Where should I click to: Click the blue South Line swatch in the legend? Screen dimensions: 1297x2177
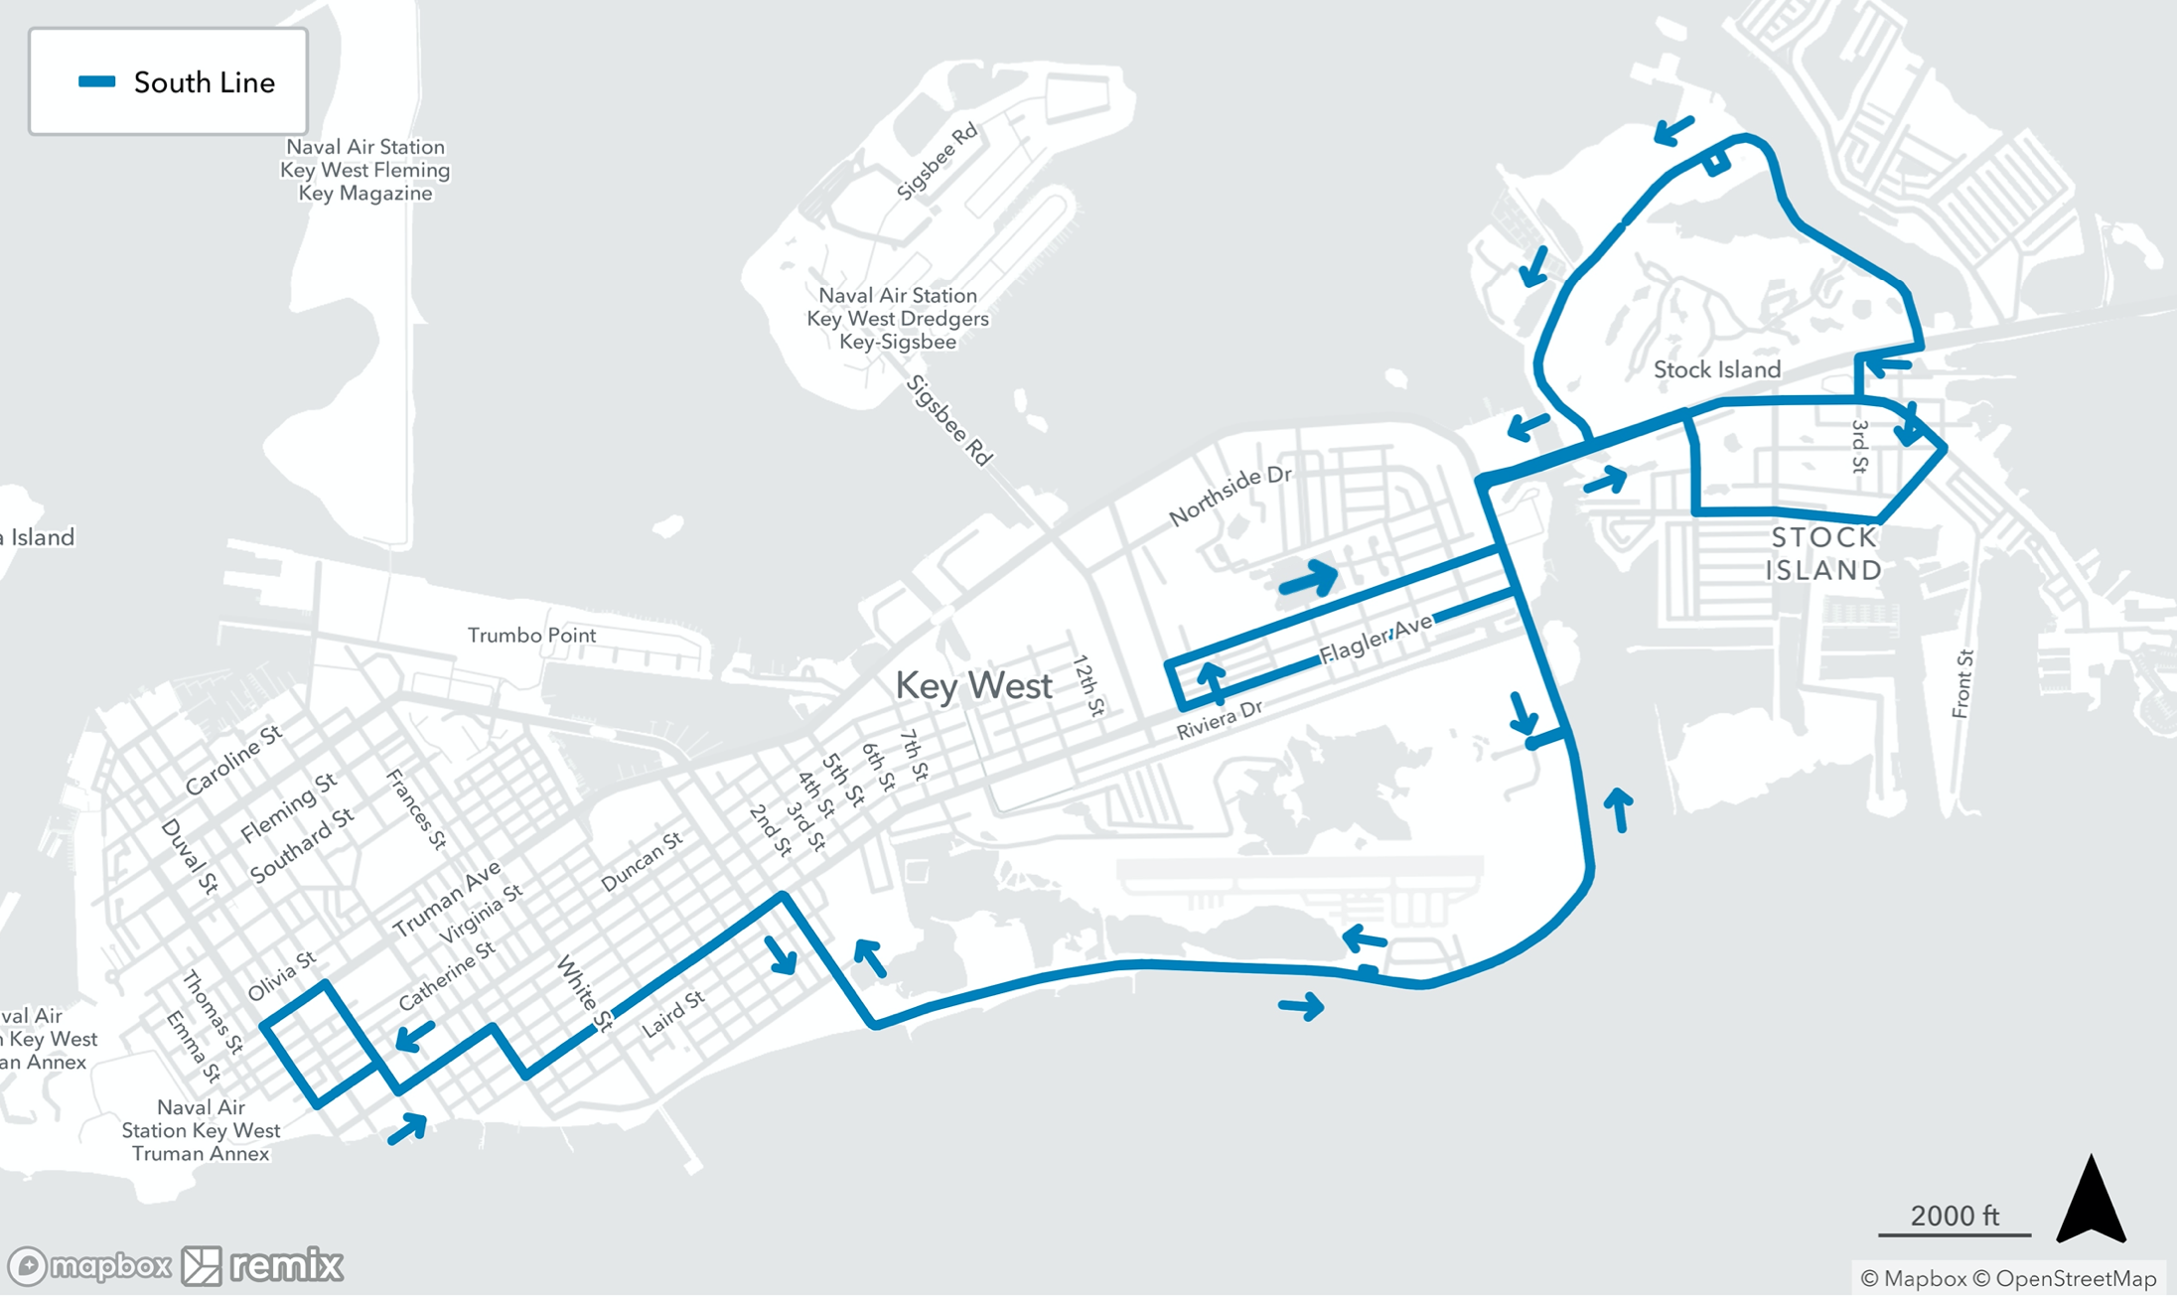click(x=97, y=82)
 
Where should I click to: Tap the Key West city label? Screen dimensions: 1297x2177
click(x=973, y=686)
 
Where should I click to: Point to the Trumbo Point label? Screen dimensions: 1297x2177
click(x=531, y=636)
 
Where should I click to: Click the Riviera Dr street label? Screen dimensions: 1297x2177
click(x=1219, y=719)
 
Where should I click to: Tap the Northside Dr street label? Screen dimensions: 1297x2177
click(x=1230, y=495)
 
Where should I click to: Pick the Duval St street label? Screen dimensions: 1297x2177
click(x=189, y=856)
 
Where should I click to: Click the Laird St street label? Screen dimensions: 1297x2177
click(x=673, y=1014)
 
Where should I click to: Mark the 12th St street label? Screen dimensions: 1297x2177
click(x=1088, y=685)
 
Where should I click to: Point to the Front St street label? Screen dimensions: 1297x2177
click(x=1962, y=683)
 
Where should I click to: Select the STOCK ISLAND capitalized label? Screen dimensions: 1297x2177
click(x=1824, y=554)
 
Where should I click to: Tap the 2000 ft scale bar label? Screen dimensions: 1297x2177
click(x=1954, y=1216)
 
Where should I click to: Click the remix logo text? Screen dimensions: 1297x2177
click(x=286, y=1266)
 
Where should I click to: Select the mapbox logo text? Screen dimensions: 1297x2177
click(x=109, y=1266)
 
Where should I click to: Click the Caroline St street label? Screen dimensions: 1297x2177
click(x=233, y=760)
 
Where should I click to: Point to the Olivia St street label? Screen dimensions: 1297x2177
click(x=281, y=975)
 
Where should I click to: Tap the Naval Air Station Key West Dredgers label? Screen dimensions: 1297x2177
click(x=898, y=319)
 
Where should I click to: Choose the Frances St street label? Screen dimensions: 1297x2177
click(x=416, y=809)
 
